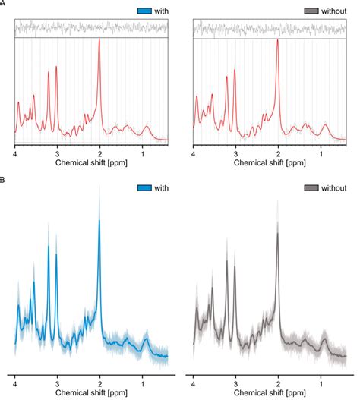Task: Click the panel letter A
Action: [x=3, y=3]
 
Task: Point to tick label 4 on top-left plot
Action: [x=15, y=153]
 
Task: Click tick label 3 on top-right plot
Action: [x=235, y=153]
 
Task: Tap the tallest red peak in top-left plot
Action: [x=99, y=40]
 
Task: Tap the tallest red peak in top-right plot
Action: [x=278, y=40]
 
